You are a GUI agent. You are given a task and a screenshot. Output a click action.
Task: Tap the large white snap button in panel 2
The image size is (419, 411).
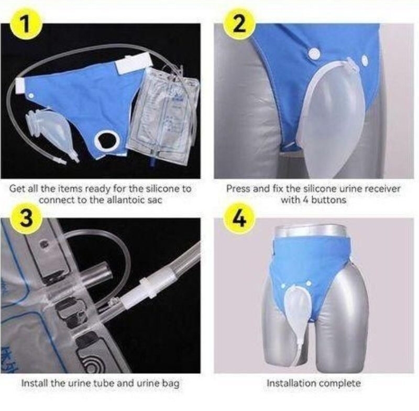point(314,54)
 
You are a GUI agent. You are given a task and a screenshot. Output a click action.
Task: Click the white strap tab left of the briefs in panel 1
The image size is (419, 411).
point(20,85)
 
